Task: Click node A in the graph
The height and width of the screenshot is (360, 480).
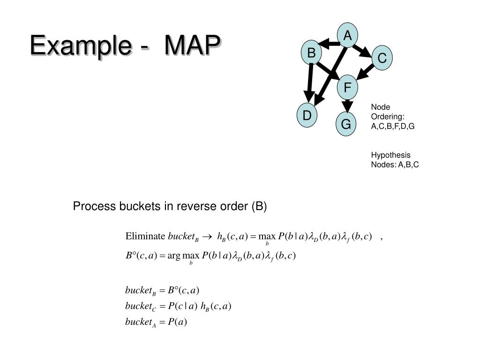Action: tap(347, 36)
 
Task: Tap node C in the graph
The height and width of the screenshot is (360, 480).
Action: tap(382, 58)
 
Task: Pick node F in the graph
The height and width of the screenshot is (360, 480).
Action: tap(347, 87)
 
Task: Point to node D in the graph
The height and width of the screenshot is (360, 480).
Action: tap(307, 115)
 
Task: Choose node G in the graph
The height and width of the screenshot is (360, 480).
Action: tap(346, 124)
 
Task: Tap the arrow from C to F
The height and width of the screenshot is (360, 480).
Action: tap(367, 72)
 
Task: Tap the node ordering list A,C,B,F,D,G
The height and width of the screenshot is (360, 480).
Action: tap(393, 126)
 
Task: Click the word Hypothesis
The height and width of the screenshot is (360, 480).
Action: tap(390, 155)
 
